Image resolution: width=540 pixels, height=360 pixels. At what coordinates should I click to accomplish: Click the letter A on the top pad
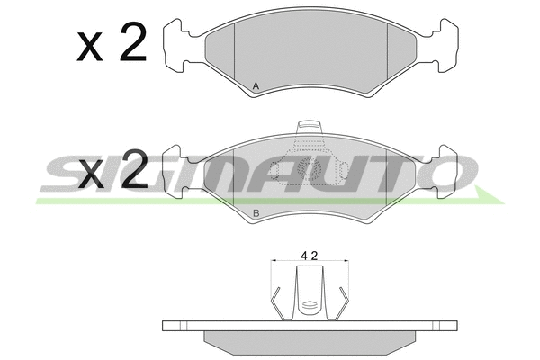point(256,86)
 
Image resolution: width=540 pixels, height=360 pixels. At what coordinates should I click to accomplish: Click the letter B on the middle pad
point(256,213)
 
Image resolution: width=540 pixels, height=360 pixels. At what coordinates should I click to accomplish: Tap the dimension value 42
point(310,256)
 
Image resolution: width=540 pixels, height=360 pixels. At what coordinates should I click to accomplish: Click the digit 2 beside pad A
point(133,42)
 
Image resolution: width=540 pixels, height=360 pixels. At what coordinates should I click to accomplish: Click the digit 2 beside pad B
point(134,169)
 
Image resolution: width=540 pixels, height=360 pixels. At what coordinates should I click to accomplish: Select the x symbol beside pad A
point(90,46)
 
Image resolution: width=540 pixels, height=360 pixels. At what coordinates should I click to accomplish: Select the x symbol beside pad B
point(91,174)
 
